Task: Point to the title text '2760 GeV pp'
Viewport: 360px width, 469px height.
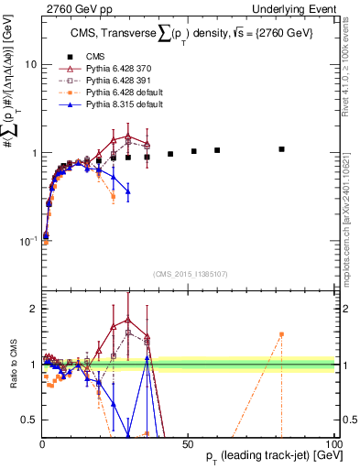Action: (69, 8)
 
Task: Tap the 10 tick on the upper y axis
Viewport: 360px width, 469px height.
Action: (29, 65)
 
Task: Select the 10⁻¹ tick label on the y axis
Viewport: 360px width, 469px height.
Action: (27, 240)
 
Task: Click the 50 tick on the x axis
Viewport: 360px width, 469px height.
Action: (188, 443)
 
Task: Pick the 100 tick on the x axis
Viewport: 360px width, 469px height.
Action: (333, 443)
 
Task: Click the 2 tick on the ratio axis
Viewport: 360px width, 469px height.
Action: (33, 309)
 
